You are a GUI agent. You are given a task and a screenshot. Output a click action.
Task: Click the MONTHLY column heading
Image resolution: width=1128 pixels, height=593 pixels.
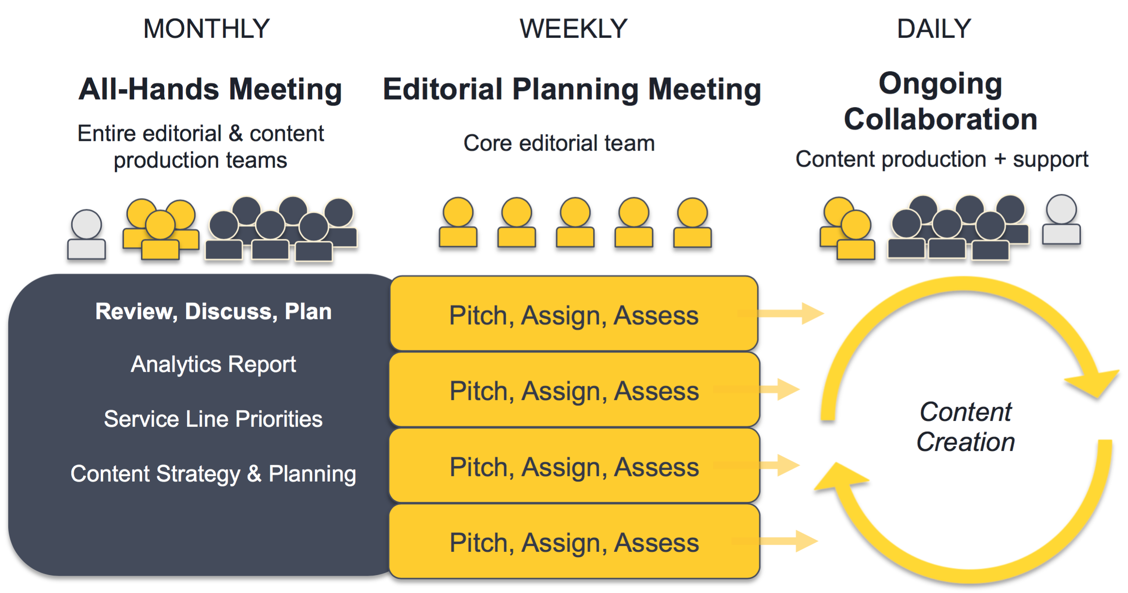pos(206,29)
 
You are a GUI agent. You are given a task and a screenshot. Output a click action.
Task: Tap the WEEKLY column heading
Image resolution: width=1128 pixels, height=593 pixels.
pos(573,29)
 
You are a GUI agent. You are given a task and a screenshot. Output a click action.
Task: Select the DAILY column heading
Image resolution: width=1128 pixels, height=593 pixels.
pos(934,29)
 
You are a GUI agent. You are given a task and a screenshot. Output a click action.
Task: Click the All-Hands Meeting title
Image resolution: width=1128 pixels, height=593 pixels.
pos(210,90)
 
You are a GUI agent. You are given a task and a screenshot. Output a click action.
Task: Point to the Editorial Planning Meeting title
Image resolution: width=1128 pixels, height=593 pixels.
pos(572,90)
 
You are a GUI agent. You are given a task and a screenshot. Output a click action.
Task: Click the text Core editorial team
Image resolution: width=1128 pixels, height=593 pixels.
pos(559,143)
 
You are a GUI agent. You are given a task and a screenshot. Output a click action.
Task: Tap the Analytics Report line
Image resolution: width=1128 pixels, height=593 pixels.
pos(213,364)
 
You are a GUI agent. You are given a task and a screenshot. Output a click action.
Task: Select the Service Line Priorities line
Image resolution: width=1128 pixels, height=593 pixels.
pos(213,419)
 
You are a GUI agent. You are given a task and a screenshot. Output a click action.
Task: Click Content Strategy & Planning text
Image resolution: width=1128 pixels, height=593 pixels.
pos(213,474)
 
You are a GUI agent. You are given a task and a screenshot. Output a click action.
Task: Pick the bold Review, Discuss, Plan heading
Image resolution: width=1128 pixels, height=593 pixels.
pos(213,312)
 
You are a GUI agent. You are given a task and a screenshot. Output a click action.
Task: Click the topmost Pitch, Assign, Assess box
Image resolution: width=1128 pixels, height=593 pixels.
pos(574,315)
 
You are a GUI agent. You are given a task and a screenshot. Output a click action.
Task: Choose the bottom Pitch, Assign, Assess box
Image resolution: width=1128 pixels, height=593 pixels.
pos(574,542)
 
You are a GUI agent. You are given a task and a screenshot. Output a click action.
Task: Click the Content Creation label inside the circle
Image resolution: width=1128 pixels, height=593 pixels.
pos(965,427)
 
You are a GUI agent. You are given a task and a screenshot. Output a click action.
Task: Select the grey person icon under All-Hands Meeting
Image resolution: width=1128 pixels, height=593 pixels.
pos(86,234)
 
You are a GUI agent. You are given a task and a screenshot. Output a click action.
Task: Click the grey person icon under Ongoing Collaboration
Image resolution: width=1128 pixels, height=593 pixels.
pos(1061,221)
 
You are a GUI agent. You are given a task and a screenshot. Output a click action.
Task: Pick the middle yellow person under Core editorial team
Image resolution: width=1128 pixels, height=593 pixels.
pos(575,223)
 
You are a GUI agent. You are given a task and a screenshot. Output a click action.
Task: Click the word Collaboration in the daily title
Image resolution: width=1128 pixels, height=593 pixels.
pos(940,119)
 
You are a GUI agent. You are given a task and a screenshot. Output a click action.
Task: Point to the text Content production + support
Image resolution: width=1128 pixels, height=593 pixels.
pos(941,159)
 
